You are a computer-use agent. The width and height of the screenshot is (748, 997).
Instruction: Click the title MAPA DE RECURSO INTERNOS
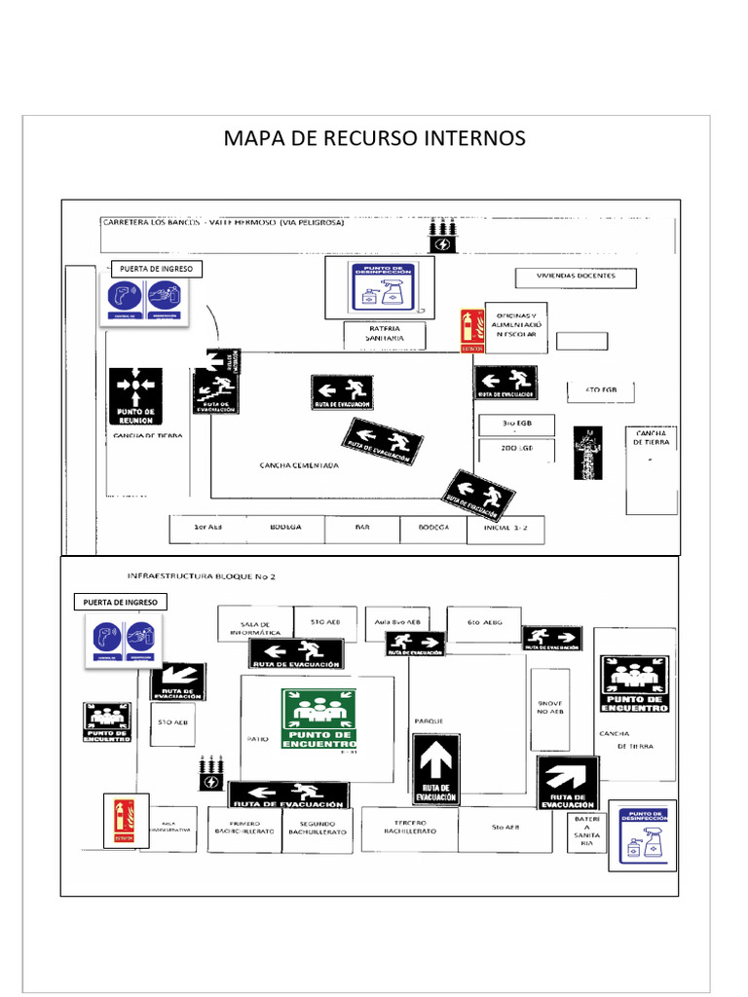pos(374,138)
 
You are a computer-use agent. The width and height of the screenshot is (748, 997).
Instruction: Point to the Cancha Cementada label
pos(299,465)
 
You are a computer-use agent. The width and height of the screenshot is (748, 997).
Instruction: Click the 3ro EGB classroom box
pos(516,425)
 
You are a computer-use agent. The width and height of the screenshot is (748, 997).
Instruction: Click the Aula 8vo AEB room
pos(397,621)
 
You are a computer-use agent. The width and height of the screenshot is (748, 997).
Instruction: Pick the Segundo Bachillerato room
pos(317,829)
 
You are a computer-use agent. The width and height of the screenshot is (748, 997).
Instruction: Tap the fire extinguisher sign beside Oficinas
pos(472,330)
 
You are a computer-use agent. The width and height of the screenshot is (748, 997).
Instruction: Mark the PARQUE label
pos(430,721)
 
